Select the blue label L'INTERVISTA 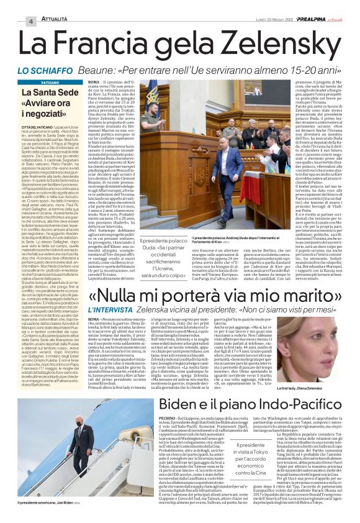(110, 309)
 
